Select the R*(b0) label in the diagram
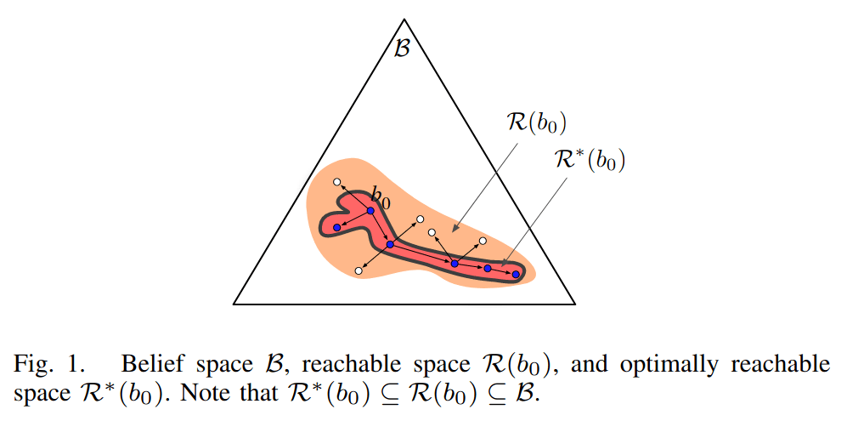point(586,160)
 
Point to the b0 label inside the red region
point(381,200)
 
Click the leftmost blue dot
point(337,228)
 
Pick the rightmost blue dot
point(516,274)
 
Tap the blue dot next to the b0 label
point(370,210)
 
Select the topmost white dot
point(337,182)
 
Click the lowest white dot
point(359,270)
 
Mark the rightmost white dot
point(483,242)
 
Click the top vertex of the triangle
point(404,20)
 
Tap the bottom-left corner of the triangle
point(235,303)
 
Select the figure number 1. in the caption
point(78,365)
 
